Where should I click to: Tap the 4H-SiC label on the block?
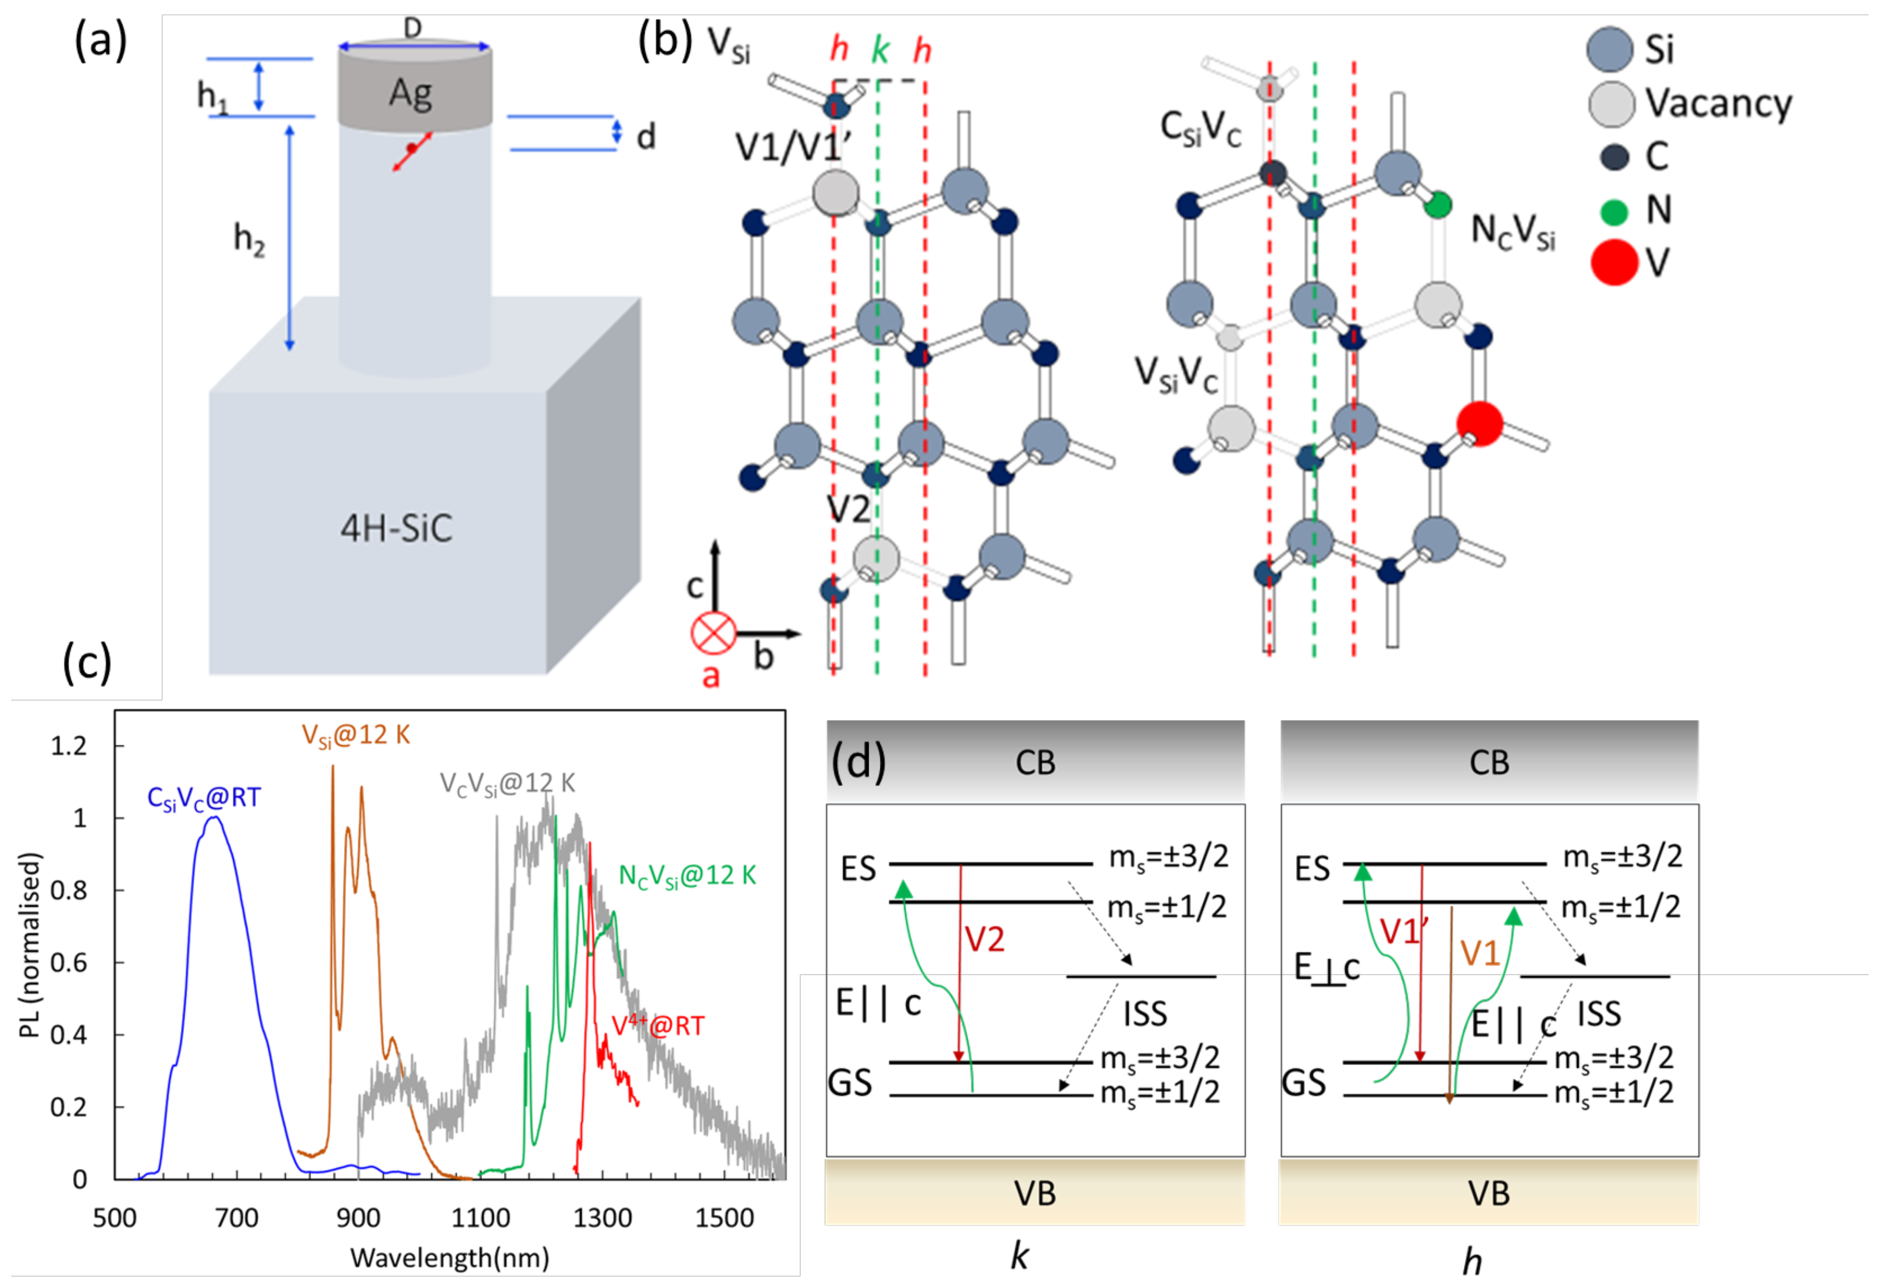click(x=397, y=529)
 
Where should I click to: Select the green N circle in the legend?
click(x=1614, y=212)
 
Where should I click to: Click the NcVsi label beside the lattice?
click(x=1513, y=232)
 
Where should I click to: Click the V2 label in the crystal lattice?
click(x=848, y=510)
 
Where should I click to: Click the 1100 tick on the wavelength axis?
click(x=481, y=1218)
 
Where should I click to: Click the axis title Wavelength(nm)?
click(x=450, y=1257)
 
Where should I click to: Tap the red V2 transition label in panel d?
click(x=984, y=939)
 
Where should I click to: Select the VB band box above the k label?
click(x=1034, y=1193)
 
